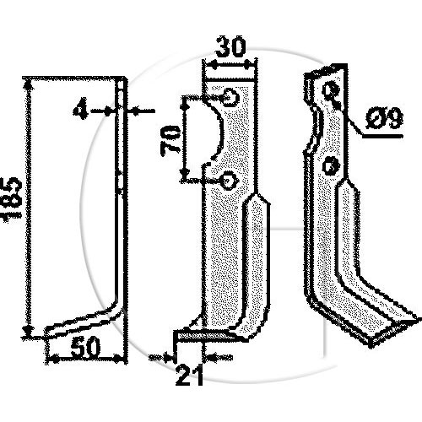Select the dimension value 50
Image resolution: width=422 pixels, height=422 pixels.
85,347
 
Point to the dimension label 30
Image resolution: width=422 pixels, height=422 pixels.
230,46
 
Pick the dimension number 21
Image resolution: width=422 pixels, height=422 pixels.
189,376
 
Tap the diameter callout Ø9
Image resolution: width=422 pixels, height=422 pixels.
384,118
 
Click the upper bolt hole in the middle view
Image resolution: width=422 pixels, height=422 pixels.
230,97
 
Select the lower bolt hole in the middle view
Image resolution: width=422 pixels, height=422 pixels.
230,181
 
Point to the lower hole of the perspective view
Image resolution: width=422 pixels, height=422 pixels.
332,165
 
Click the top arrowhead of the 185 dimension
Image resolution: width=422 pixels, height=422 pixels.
28,84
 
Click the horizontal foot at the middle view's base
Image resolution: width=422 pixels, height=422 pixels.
203,335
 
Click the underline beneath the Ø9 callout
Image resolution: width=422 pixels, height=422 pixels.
382,136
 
